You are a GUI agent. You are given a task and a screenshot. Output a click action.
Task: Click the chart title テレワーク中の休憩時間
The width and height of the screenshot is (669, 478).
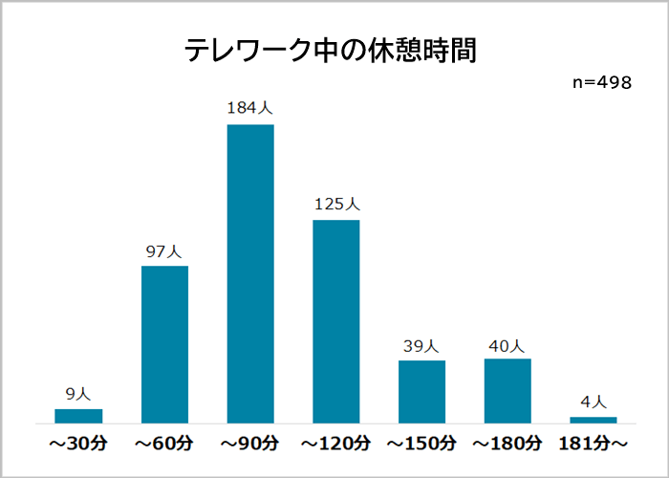coord(330,51)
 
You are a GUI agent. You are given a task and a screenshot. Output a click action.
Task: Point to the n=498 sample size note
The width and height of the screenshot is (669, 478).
coord(602,83)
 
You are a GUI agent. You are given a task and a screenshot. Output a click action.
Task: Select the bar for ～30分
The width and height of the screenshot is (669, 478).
coord(78,415)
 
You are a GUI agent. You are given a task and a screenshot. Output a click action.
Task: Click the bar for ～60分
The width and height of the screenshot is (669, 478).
coord(164,344)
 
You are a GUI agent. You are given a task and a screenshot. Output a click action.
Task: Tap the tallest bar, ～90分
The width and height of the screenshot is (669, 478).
coord(250,273)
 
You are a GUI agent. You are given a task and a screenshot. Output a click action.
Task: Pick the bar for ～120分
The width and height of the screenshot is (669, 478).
coord(336,321)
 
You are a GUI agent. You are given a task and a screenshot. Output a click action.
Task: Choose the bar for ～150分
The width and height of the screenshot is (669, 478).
coord(421,391)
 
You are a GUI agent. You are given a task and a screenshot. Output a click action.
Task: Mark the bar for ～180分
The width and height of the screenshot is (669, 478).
coord(507,390)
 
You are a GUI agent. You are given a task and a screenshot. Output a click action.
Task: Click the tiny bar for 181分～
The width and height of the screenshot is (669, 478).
coord(593,419)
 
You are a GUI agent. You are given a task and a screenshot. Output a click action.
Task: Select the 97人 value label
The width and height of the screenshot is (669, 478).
coord(164,252)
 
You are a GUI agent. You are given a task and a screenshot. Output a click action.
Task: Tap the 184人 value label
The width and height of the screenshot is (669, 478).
coord(250,109)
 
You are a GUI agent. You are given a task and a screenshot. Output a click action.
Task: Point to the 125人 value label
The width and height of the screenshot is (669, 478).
coord(336,205)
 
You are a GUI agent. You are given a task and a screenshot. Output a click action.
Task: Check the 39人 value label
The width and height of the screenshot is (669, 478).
coord(421,346)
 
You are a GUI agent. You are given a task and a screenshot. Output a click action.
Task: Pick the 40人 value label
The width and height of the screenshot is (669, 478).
coord(507,345)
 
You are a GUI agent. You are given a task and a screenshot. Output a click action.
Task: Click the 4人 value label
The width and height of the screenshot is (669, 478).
coord(593,402)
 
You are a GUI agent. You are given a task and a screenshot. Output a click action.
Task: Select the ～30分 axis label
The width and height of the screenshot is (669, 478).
coord(78,444)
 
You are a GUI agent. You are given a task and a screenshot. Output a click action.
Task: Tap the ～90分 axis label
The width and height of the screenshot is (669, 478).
coord(250,444)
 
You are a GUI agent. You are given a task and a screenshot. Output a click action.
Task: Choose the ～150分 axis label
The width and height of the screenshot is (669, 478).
coord(421,444)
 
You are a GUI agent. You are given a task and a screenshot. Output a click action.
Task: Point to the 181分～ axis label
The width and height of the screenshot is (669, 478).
coord(593,444)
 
